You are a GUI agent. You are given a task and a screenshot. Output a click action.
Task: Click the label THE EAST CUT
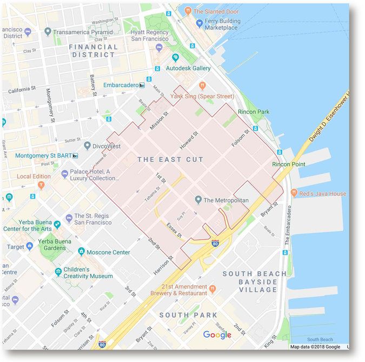pyautogui.click(x=170, y=159)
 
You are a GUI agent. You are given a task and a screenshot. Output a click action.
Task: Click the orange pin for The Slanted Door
pyautogui.click(x=187, y=11)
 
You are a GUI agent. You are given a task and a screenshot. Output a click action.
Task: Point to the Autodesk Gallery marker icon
pyautogui.click(x=175, y=58)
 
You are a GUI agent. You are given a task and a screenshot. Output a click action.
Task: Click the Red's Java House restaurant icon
pyautogui.click(x=294, y=193)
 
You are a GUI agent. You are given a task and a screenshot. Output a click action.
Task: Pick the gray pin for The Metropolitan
pyautogui.click(x=198, y=200)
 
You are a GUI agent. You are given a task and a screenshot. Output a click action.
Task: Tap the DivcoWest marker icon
pyautogui.click(x=87, y=146)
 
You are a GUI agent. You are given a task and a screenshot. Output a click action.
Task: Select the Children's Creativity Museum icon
pyautogui.click(x=58, y=272)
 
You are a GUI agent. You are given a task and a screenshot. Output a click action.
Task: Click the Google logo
pyautogui.click(x=217, y=335)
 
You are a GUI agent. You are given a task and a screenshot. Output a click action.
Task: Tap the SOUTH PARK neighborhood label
pyautogui.click(x=188, y=315)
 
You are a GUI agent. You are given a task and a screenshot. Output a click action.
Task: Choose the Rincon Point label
pyautogui.click(x=288, y=164)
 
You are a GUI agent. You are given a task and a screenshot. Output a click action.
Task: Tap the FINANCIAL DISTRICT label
pyautogui.click(x=93, y=51)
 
